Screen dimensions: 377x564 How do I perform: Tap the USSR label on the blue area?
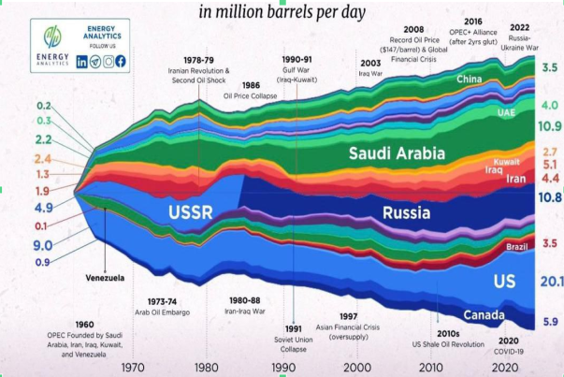pos(191,212)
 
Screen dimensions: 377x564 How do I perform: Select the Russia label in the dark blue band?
pos(407,212)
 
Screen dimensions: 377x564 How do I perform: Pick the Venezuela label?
pos(105,278)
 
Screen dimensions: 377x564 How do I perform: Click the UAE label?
pos(505,112)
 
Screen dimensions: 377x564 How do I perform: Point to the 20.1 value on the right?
pos(549,283)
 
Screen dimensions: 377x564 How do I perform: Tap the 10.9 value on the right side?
pos(549,126)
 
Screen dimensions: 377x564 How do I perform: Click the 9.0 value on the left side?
pos(43,245)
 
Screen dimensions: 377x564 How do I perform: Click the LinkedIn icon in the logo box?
pos(82,61)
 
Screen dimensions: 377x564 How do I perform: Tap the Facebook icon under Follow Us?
pos(120,61)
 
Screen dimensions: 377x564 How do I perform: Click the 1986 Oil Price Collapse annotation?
pos(249,89)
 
